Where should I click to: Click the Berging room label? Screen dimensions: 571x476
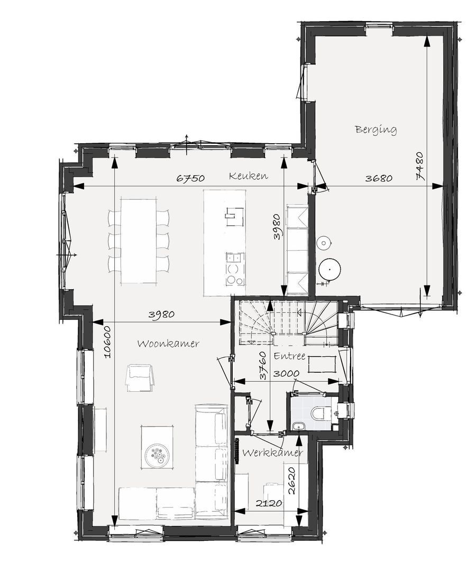point(376,129)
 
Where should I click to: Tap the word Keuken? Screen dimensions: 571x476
point(248,176)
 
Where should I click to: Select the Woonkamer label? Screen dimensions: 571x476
point(168,344)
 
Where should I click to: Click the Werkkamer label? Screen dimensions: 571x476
point(272,453)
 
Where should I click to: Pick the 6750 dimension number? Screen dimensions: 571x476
point(190,179)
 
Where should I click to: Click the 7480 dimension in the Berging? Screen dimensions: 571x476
point(420,166)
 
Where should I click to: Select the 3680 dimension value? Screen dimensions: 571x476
point(379,179)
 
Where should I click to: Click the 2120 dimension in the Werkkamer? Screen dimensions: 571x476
point(268,504)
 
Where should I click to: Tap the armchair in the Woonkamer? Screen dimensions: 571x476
point(140,377)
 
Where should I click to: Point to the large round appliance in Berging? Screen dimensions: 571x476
point(329,269)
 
